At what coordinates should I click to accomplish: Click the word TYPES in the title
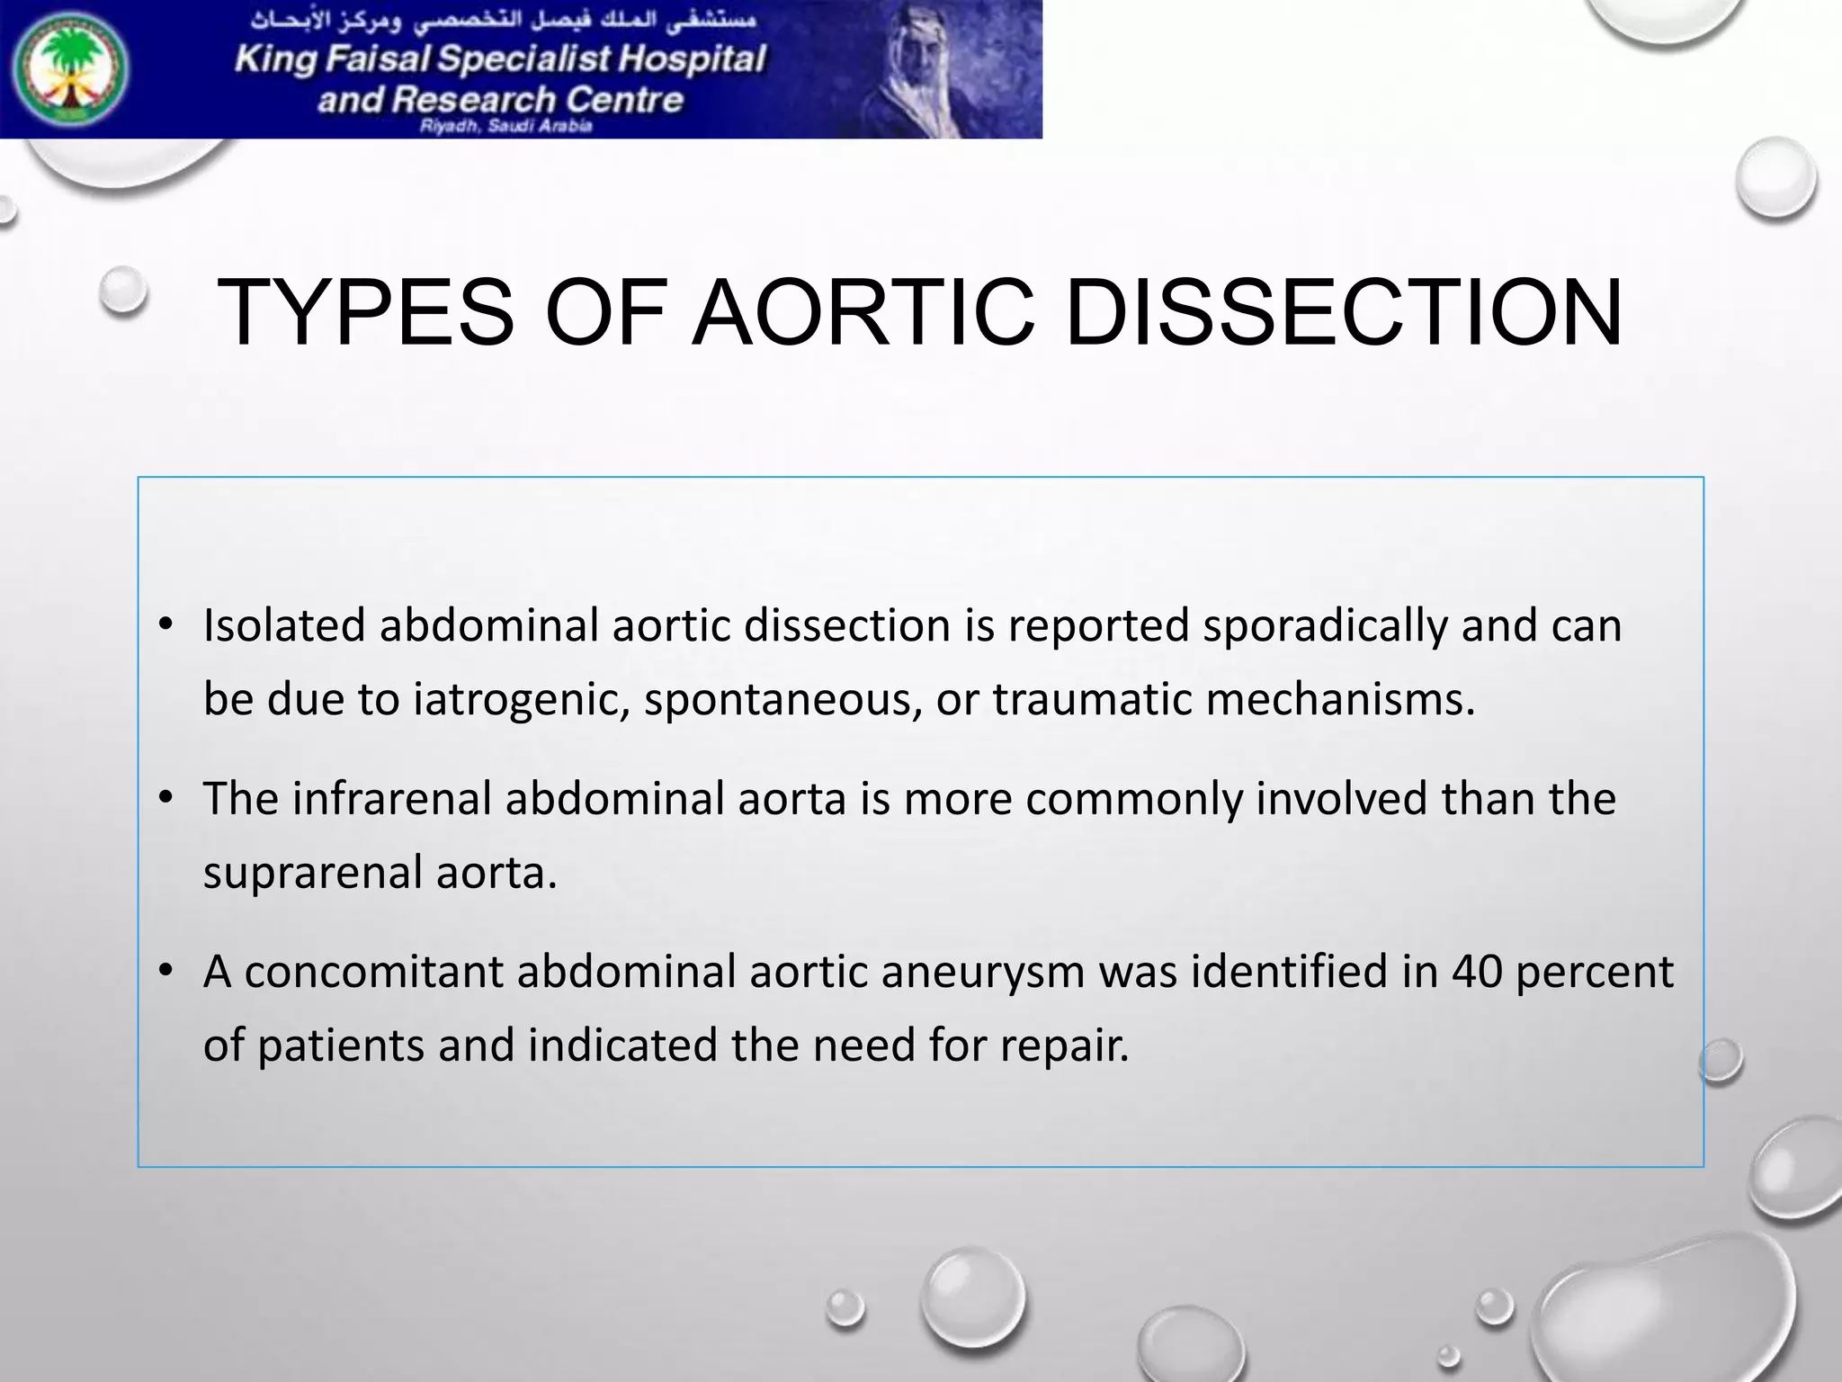[365, 312]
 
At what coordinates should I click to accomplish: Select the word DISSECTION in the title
[1344, 312]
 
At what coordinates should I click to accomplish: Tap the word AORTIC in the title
[863, 312]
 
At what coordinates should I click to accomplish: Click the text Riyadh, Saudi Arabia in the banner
[505, 126]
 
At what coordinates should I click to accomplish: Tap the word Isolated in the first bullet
[283, 624]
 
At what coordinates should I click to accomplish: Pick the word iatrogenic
[521, 700]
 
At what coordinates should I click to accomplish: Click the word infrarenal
[390, 798]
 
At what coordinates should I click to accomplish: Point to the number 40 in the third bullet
[1476, 971]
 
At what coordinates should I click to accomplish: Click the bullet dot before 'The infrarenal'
[165, 798]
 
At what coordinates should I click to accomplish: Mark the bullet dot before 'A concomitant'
[165, 971]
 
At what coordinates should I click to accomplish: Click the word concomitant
[373, 972]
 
